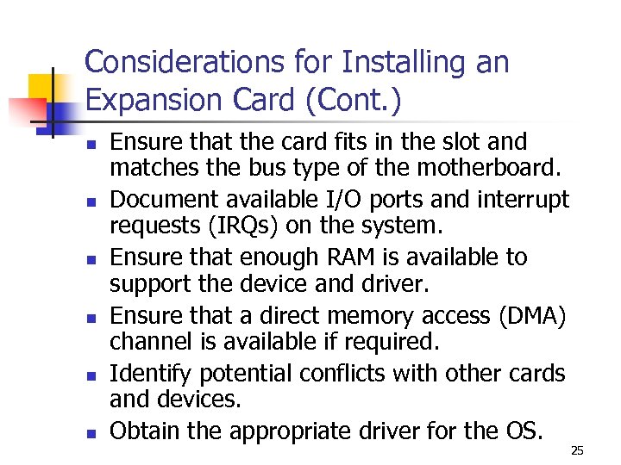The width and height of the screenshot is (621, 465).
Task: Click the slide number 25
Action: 578,449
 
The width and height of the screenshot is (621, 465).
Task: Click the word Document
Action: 163,200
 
